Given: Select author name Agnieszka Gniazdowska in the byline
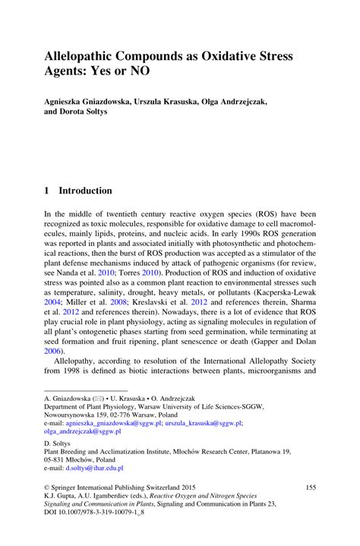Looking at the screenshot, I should click(90, 102).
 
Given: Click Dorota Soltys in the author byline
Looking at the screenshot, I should click(88, 112).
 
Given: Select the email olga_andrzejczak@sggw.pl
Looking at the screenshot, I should click(87, 430).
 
